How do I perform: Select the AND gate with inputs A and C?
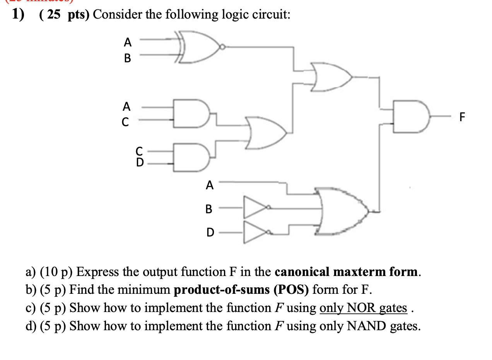[191, 113]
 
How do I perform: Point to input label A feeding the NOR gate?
[209, 185]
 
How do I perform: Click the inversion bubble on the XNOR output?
[222, 47]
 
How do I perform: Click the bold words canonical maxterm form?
[347, 272]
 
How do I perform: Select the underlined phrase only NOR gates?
[363, 308]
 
